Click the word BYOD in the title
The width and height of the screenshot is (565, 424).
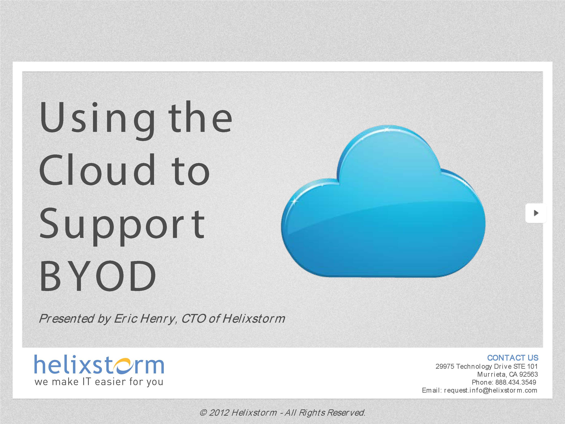pyautogui.click(x=98, y=276)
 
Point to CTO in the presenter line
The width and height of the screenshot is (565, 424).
pyautogui.click(x=193, y=319)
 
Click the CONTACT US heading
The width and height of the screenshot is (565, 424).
pyautogui.click(x=513, y=358)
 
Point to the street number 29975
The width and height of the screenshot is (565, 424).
pyautogui.click(x=445, y=367)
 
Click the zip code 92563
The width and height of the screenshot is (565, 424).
pyautogui.click(x=529, y=375)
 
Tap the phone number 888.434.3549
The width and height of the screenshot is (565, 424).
pyautogui.click(x=516, y=382)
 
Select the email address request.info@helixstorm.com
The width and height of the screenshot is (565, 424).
pyautogui.click(x=491, y=390)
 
